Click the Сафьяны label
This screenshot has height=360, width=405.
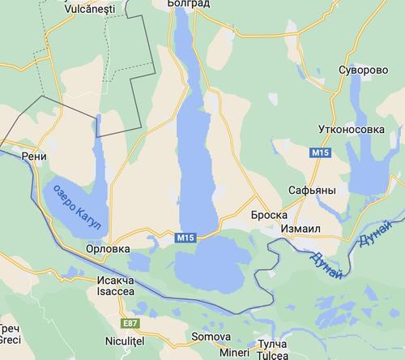click(312, 191)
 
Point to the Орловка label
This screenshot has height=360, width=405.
click(108, 249)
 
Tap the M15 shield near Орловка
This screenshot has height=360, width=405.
click(185, 238)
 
